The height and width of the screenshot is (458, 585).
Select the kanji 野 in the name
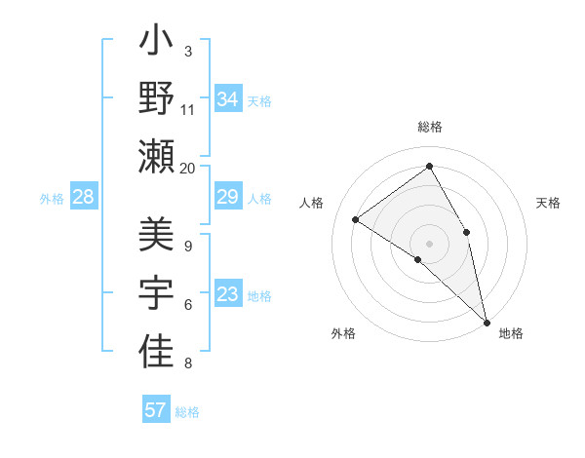pos(156,99)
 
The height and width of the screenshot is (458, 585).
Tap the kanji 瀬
pos(156,156)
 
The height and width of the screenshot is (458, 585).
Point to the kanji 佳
pos(156,353)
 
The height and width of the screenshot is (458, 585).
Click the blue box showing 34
pos(228,98)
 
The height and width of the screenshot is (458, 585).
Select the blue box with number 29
pos(227,198)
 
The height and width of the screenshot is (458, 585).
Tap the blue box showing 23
pos(227,295)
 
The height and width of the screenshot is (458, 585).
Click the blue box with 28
pos(84,198)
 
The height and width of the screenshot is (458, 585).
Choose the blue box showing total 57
pos(156,410)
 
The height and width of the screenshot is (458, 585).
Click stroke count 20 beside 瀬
pos(188,168)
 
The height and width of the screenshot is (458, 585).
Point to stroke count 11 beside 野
pos(188,109)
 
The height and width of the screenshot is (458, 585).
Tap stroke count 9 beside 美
pos(188,246)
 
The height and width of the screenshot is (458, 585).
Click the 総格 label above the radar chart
pos(430,128)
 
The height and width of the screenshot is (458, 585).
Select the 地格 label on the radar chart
pos(511,334)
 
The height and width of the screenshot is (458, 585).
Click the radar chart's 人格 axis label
pos(312,203)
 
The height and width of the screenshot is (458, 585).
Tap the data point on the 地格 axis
pos(487,321)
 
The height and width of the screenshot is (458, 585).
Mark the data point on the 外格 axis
pos(418,259)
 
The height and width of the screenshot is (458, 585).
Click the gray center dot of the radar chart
pos(430,243)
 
